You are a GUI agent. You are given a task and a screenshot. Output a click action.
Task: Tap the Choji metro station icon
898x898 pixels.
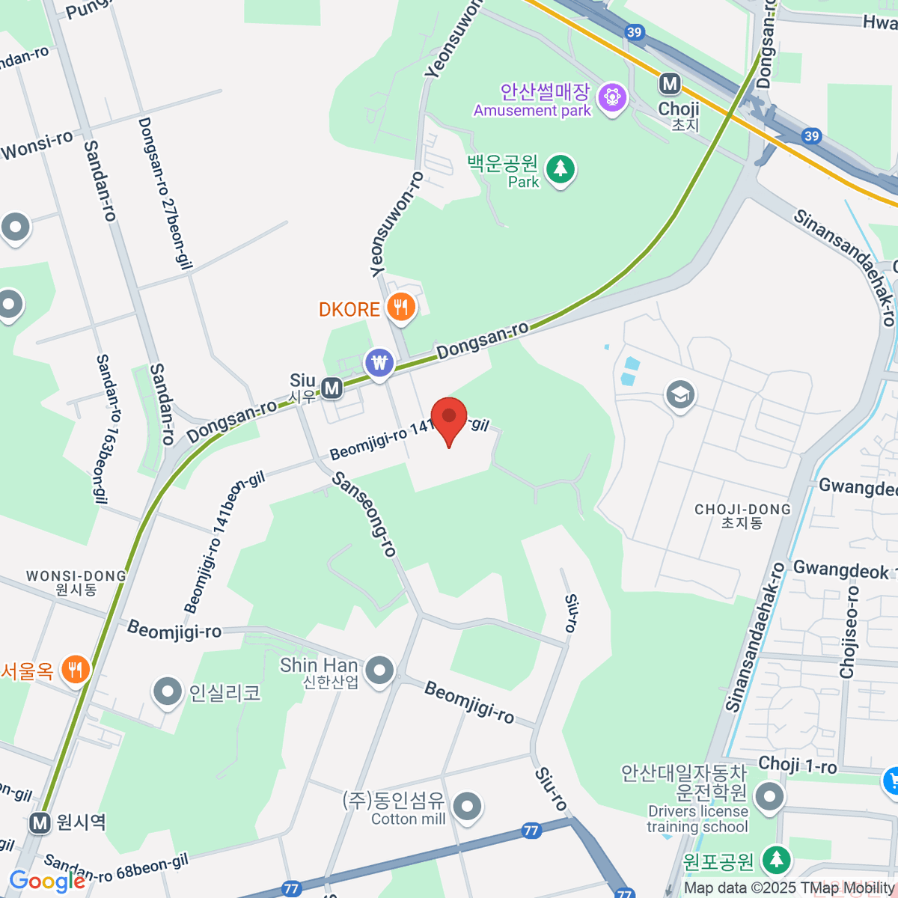[670, 84]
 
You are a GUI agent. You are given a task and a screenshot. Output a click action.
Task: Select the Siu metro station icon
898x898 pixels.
[332, 388]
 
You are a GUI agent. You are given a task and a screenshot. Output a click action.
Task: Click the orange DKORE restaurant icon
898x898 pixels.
[401, 307]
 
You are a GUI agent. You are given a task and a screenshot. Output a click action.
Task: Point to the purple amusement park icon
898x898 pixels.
[613, 97]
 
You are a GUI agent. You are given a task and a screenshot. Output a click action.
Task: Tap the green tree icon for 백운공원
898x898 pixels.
[560, 168]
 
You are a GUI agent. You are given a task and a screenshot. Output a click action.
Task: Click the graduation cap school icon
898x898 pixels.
[679, 394]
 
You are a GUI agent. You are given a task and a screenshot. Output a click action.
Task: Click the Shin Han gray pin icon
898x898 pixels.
[380, 669]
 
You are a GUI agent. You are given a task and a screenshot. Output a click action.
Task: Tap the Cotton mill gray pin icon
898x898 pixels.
[468, 807]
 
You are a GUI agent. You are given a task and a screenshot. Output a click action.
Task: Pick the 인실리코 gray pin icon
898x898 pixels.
[167, 691]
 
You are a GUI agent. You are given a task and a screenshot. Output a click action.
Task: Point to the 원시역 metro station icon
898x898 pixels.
[40, 823]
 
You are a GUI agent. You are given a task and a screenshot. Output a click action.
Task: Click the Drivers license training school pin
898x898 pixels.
[769, 796]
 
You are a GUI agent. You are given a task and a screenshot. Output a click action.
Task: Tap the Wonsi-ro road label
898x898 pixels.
[37, 145]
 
